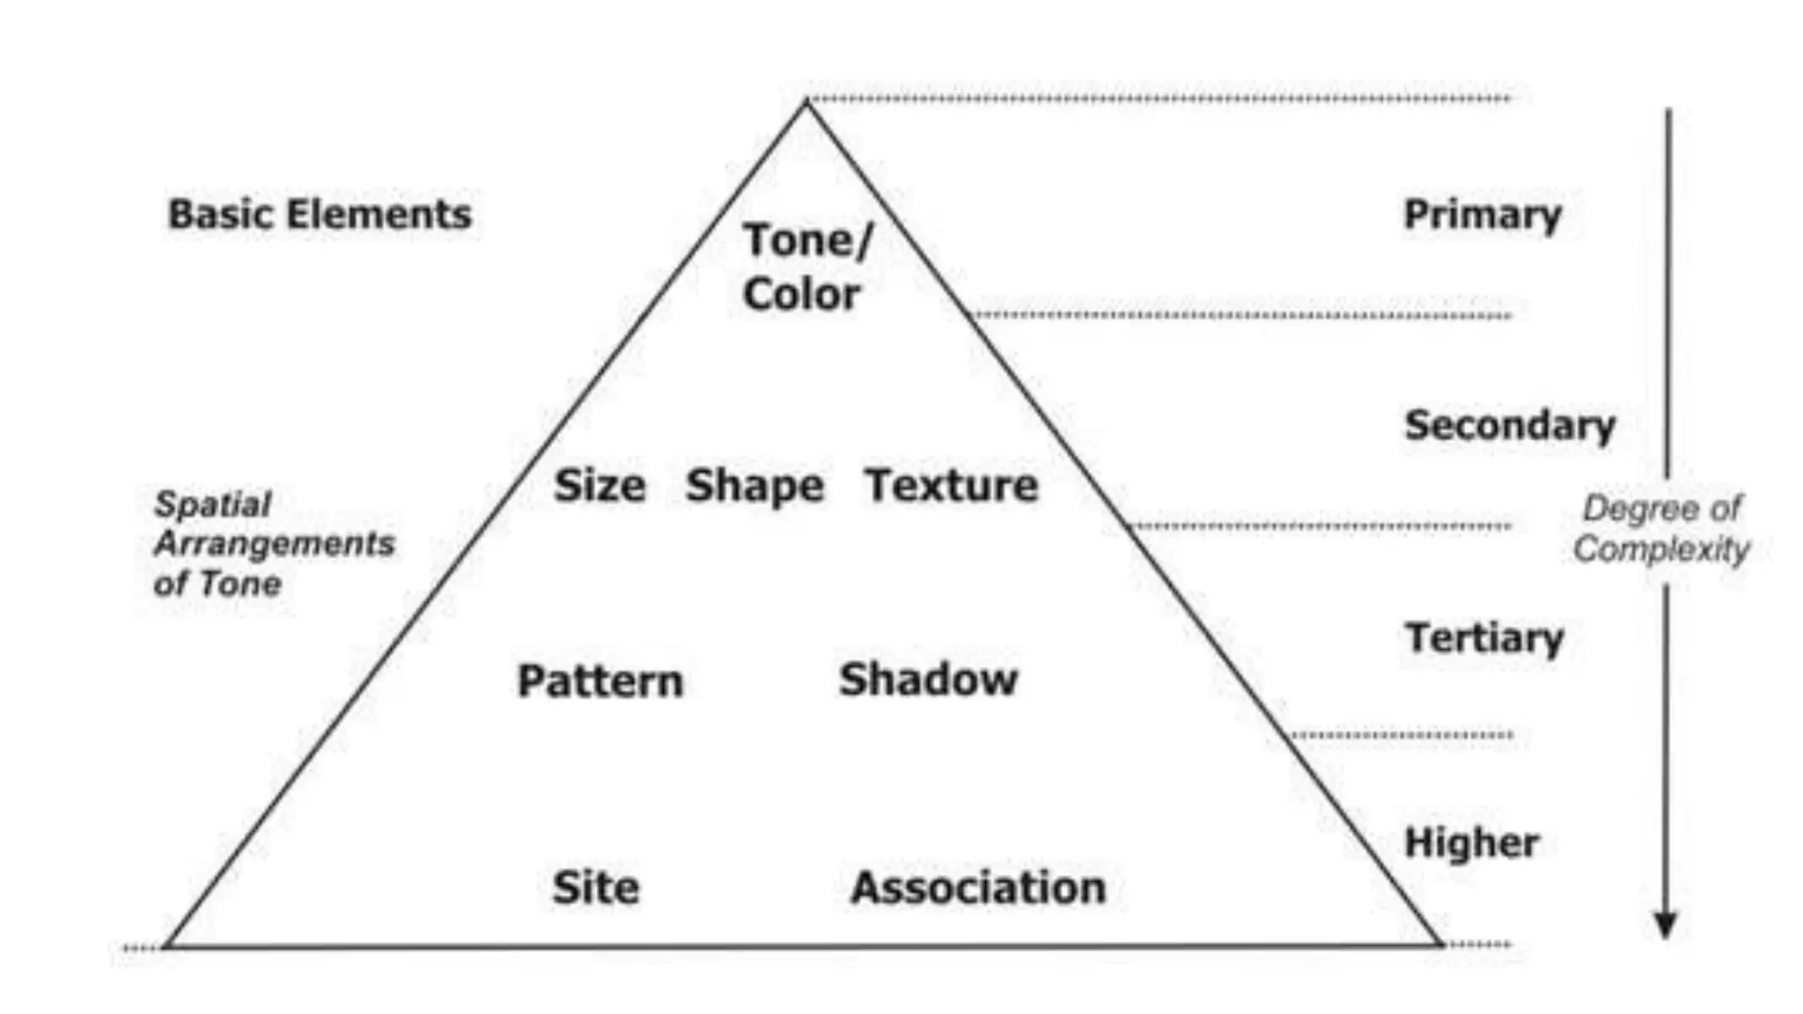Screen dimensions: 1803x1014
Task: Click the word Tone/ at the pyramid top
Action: pyautogui.click(x=807, y=240)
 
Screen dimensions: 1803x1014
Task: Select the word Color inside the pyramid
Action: pyautogui.click(x=801, y=294)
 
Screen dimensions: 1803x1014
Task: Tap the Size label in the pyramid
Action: pyautogui.click(x=600, y=486)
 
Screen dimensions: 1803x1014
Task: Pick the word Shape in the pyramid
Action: pyautogui.click(x=754, y=486)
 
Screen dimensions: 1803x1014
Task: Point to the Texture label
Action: pyautogui.click(x=952, y=486)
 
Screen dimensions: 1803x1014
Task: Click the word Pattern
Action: pyautogui.click(x=600, y=681)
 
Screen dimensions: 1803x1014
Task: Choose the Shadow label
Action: pyautogui.click(x=928, y=680)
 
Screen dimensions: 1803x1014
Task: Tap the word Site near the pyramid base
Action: pyautogui.click(x=596, y=887)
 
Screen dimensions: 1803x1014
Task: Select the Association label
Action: pyautogui.click(x=978, y=887)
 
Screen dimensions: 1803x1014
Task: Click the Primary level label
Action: pyautogui.click(x=1483, y=215)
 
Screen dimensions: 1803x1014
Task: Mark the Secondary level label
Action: pyautogui.click(x=1510, y=426)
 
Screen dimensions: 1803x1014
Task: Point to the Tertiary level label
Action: pyautogui.click(x=1484, y=638)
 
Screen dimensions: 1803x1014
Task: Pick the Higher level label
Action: pyautogui.click(x=1472, y=842)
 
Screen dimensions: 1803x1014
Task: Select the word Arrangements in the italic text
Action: pyautogui.click(x=275, y=544)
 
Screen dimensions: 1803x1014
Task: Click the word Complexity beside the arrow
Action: pyautogui.click(x=1661, y=549)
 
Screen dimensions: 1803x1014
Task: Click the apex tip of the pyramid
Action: pyautogui.click(x=806, y=104)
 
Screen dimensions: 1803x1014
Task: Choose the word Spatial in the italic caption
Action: pyautogui.click(x=213, y=504)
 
